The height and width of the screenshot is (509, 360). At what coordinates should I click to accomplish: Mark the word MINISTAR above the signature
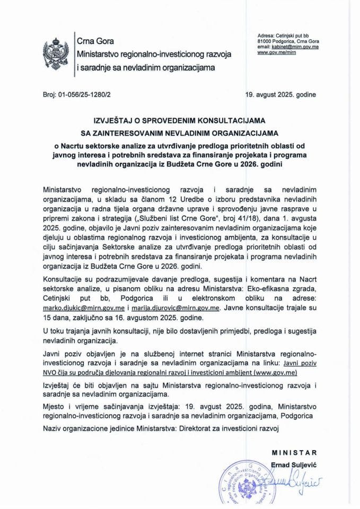[294, 452]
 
